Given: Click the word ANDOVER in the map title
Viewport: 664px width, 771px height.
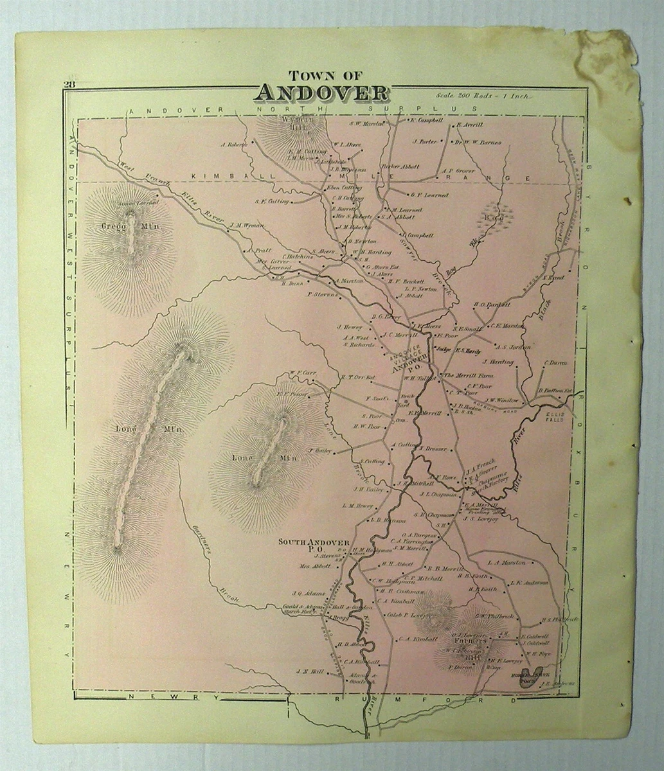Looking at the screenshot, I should click(321, 92).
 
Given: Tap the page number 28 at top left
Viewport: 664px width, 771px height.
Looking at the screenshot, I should click(69, 83).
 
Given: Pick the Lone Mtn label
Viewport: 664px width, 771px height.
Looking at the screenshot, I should click(264, 457).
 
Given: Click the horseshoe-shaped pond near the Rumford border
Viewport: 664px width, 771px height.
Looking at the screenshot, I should click(527, 678).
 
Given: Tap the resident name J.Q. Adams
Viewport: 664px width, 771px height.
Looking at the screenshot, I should click(307, 593).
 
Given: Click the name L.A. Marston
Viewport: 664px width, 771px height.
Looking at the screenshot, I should click(507, 562).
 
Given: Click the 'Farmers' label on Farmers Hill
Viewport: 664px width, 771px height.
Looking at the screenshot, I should click(465, 641).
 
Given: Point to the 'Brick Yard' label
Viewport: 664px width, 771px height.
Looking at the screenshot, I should click(405, 401).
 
